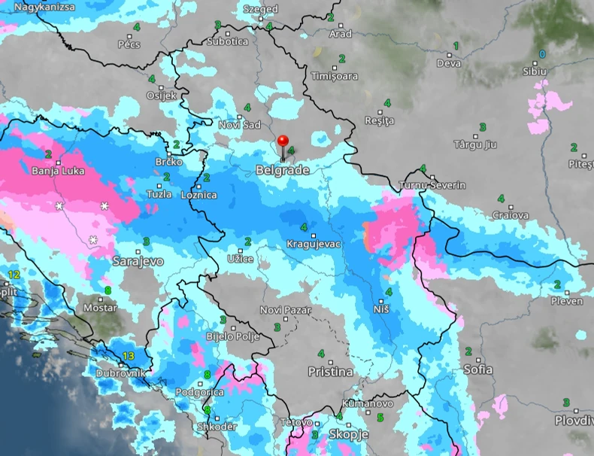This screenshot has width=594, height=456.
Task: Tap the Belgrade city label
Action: point(282,171)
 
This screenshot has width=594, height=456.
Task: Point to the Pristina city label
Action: point(330,372)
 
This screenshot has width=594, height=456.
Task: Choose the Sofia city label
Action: point(478,369)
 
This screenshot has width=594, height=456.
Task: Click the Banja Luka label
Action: point(58,171)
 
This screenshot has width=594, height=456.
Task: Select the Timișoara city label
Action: point(334,76)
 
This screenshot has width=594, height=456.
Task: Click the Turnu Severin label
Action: point(432,185)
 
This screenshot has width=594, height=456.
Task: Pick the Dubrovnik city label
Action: point(120,372)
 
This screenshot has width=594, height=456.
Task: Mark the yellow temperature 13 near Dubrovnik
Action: point(128,356)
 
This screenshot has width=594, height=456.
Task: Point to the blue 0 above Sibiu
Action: point(541,55)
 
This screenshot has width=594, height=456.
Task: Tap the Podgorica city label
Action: point(199,392)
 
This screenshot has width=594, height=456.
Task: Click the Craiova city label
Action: point(511,215)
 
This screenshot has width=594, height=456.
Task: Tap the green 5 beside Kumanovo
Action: point(380,418)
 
